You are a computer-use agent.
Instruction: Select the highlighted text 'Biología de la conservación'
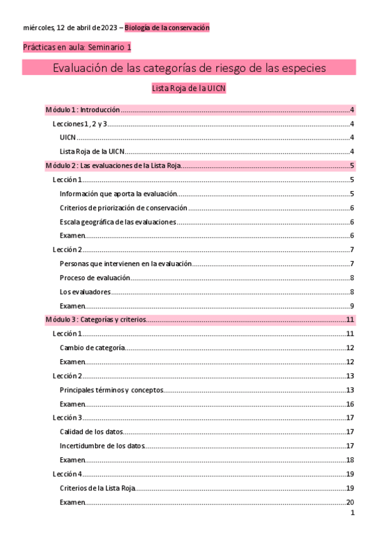pos(167,28)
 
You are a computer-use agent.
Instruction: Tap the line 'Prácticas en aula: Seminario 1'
pos(77,48)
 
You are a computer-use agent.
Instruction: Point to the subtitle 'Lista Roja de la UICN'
pos(188,89)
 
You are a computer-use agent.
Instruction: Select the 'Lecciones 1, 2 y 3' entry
pos(79,124)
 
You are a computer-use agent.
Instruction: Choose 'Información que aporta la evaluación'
pos(117,194)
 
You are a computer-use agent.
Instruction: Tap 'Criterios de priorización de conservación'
pos(123,208)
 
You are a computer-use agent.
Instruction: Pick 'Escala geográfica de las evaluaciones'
pos(117,222)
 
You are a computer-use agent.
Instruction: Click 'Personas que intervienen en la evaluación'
pos(125,264)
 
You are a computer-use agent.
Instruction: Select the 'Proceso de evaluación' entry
pos(95,278)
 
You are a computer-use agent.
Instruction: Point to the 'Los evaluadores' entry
pos(85,292)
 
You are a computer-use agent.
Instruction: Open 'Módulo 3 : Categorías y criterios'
pos(96,320)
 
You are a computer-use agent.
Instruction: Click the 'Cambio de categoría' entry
pos(92,348)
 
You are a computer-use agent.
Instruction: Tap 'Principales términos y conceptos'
pos(112,390)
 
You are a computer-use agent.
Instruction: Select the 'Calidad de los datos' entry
pos(91,432)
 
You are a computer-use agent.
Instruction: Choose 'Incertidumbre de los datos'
pos(102,446)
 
